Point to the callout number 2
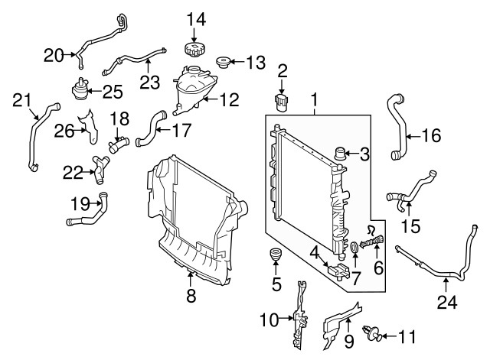282,72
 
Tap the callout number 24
446,303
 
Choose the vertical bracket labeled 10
299,313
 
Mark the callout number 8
191,295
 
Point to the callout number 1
314,99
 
